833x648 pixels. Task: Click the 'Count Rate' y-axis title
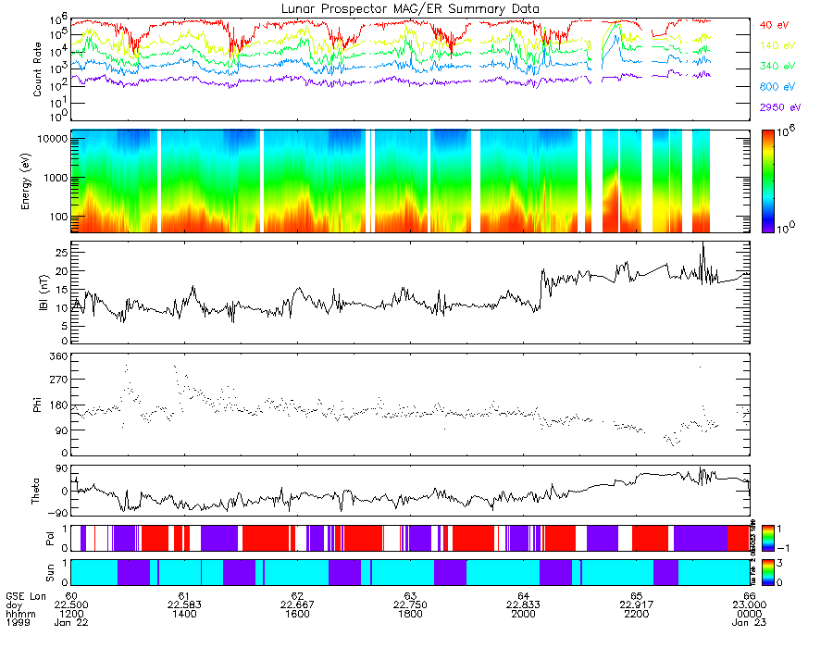(38, 69)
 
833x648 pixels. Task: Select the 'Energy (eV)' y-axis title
(38, 181)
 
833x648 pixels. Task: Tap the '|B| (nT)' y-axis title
(38, 293)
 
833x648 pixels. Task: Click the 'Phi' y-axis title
(38, 405)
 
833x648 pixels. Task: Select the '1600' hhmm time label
(297, 614)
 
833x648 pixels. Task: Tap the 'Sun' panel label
(38, 570)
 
